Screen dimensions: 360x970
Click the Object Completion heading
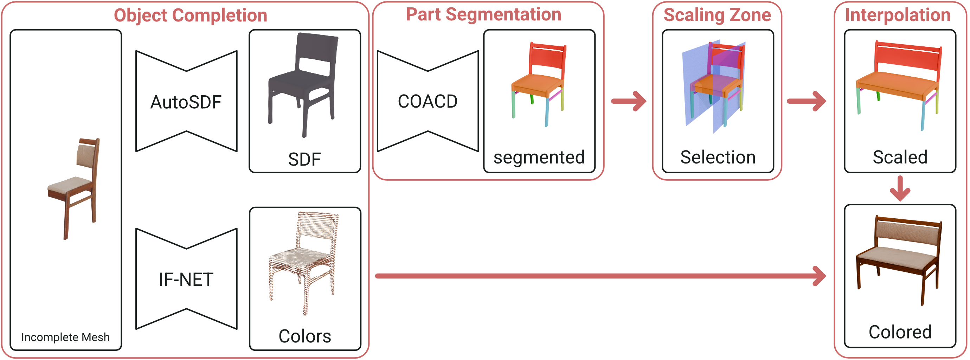tap(191, 16)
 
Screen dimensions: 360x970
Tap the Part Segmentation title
tap(483, 15)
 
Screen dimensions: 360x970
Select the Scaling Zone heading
tap(717, 15)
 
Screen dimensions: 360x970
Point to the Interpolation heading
tap(897, 15)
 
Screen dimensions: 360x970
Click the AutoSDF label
tap(186, 102)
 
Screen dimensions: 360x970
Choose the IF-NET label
tap(186, 280)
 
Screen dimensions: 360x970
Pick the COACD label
tap(428, 102)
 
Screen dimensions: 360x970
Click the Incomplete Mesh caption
tap(65, 337)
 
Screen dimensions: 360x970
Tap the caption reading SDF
tap(304, 159)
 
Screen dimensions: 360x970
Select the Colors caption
tap(304, 336)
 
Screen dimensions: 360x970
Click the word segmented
tap(539, 157)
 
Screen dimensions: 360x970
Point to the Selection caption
tap(718, 157)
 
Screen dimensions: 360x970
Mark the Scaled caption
tap(900, 157)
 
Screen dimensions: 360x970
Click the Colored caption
tap(900, 332)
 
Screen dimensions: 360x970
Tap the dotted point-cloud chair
tap(303, 260)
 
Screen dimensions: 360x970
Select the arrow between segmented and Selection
tap(629, 101)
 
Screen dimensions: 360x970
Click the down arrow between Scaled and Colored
tap(900, 189)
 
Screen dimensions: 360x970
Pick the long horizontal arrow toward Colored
tap(599, 276)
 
